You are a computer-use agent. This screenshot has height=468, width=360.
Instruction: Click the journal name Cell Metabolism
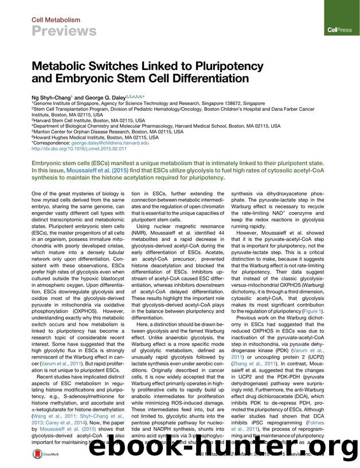[x=55, y=20]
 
